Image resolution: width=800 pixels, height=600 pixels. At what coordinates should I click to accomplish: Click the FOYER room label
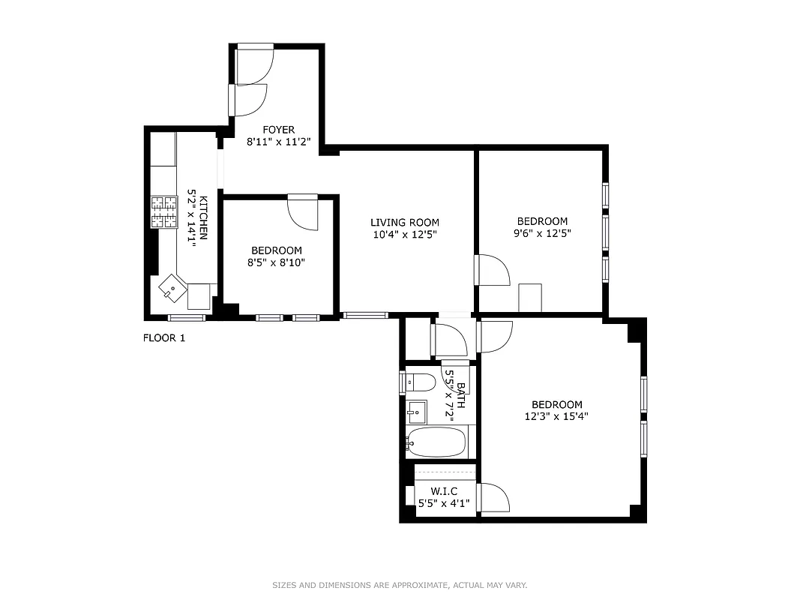tap(278, 130)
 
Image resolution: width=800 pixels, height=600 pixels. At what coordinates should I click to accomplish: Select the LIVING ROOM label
tap(405, 222)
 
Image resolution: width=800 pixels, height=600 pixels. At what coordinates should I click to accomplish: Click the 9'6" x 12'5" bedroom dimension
tap(542, 233)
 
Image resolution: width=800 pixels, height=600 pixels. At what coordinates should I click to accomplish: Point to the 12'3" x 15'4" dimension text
tap(556, 416)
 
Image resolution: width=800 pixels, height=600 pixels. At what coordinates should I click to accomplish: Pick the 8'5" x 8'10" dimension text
tap(277, 262)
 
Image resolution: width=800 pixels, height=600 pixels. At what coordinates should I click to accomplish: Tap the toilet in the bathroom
tap(420, 383)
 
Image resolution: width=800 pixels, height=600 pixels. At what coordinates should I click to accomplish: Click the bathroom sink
tap(416, 412)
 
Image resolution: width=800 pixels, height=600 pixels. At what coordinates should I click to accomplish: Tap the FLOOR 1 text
tap(164, 338)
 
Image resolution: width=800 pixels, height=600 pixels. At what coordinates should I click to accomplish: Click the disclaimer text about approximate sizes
tap(400, 585)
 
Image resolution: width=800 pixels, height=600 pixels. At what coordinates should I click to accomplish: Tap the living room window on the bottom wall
tap(366, 315)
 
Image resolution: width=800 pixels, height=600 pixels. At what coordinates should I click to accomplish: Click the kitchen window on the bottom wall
tap(187, 318)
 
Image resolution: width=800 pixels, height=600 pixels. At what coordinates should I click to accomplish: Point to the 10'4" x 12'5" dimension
tap(405, 235)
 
